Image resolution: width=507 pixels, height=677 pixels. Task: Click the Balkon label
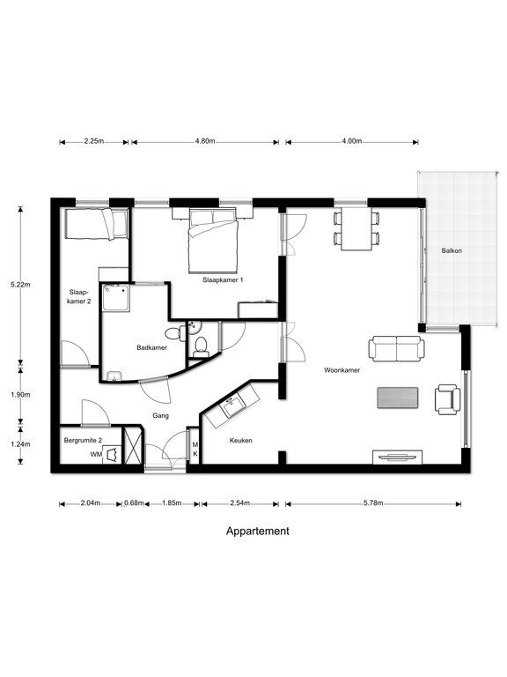(452, 250)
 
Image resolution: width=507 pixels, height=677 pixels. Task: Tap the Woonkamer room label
(342, 370)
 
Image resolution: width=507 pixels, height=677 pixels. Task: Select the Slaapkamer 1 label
(223, 279)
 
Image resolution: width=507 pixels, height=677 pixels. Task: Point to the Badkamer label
(151, 347)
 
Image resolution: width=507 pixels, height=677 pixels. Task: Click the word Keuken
(240, 441)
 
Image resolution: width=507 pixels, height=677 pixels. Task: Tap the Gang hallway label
(160, 416)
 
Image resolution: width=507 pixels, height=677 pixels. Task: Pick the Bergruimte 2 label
(84, 441)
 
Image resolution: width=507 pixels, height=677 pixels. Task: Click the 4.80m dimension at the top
(205, 141)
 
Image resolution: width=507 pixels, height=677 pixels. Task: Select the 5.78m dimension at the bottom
(373, 503)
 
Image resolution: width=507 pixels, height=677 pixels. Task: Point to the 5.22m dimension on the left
(20, 285)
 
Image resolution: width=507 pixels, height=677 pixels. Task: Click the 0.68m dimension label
(134, 503)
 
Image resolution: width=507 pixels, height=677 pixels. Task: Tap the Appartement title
(258, 531)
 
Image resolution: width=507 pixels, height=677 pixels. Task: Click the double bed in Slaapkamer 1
(213, 240)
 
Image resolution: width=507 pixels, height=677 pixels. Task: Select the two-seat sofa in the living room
(396, 348)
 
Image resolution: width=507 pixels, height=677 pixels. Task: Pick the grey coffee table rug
(398, 398)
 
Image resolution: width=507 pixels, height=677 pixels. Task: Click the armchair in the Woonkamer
(447, 399)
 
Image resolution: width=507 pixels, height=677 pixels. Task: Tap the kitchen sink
(232, 406)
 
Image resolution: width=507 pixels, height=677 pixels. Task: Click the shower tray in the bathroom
(116, 297)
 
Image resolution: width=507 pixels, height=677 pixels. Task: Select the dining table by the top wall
(356, 229)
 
